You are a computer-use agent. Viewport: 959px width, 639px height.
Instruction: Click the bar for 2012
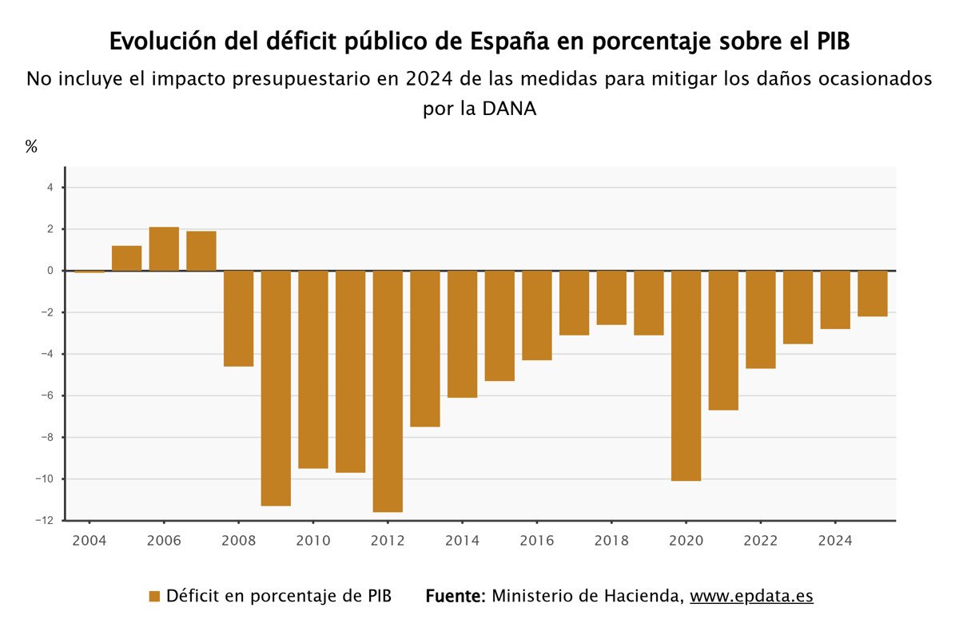click(x=388, y=391)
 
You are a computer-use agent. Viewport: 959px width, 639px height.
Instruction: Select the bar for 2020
click(x=686, y=375)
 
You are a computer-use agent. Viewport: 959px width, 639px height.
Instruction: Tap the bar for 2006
click(x=164, y=249)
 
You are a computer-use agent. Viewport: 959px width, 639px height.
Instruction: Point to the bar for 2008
click(x=238, y=318)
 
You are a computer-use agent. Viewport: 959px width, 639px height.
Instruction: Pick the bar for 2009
click(x=276, y=387)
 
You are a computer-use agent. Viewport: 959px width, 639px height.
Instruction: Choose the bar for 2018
click(x=611, y=297)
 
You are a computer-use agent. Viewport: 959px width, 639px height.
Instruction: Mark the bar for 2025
click(x=873, y=293)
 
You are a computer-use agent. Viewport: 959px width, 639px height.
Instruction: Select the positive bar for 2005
click(x=126, y=258)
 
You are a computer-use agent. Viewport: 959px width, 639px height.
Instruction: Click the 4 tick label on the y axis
click(x=50, y=188)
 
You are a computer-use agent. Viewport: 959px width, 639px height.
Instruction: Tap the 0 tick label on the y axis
click(x=50, y=271)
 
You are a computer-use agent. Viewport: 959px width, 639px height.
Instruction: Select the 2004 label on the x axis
click(x=89, y=541)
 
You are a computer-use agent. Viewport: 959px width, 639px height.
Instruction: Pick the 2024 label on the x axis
click(x=835, y=541)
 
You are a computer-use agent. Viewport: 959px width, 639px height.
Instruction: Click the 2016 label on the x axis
click(x=536, y=541)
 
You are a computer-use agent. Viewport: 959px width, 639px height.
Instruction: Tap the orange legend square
click(x=155, y=597)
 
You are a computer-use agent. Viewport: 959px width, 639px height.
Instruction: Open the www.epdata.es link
click(x=751, y=597)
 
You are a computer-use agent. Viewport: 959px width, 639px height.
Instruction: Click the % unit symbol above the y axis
click(x=32, y=146)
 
